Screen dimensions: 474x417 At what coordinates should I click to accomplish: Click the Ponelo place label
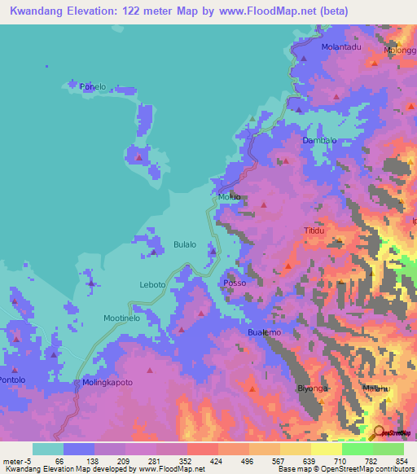pos(93,86)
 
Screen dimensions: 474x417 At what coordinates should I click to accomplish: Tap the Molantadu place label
pos(340,48)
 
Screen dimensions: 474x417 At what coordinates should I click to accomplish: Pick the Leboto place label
pos(152,284)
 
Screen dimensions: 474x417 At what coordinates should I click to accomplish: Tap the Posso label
pos(234,283)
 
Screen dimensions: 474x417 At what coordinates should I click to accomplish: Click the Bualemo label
pos(264,333)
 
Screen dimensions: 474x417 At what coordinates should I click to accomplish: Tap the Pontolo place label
pos(12,380)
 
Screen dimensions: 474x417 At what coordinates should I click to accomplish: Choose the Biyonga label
pos(313,388)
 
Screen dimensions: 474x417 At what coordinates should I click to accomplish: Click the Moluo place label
pos(229,198)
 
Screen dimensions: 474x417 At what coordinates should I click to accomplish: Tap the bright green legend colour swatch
pos(357,449)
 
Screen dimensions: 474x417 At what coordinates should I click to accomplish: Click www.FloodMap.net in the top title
pos(268,11)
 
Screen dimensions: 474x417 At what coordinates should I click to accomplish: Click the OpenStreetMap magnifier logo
pos(380,432)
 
